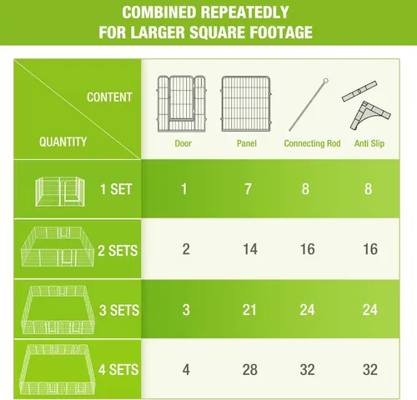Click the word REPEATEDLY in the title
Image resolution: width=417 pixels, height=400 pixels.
244,12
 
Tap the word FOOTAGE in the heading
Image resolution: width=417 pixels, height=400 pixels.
281,32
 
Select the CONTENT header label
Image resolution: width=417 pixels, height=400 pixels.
109,97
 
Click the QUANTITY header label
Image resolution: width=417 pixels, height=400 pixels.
63,142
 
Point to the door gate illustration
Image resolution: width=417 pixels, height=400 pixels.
182,103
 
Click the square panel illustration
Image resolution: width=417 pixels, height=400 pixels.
246,103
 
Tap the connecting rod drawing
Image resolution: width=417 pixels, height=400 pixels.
309,105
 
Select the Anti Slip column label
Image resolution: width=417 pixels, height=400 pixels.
369,143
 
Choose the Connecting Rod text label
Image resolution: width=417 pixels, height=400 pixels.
312,143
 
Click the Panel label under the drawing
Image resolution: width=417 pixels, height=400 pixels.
247,143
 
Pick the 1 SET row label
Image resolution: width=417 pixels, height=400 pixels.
116,189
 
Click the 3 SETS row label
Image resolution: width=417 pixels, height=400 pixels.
119,310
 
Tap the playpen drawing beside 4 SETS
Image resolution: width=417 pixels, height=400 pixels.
58,369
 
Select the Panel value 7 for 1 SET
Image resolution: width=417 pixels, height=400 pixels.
248,189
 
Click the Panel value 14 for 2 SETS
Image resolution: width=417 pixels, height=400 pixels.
250,249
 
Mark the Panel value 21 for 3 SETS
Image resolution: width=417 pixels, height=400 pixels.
249,310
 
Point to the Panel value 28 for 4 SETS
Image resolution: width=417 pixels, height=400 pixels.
249,370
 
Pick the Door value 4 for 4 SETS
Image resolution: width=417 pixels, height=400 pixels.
186,370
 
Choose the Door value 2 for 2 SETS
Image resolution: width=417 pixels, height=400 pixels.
186,249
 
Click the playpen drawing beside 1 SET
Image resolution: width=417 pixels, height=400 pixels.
60,192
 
